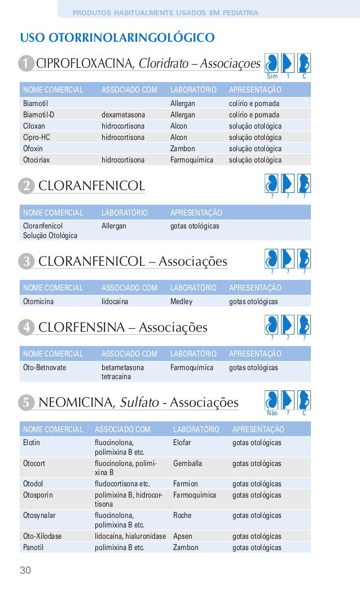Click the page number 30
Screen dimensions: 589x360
(x=26, y=570)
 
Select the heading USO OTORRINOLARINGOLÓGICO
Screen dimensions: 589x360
(x=117, y=38)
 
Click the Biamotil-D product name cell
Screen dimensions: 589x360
(x=38, y=115)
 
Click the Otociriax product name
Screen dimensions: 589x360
(x=36, y=160)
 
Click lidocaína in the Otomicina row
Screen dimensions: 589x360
(x=115, y=301)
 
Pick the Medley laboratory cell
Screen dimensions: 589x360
(x=181, y=301)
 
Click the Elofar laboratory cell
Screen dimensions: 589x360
(x=183, y=442)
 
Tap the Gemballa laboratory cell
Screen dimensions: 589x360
(x=188, y=463)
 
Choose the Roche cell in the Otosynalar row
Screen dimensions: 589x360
(x=182, y=515)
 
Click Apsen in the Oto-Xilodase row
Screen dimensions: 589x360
(x=182, y=537)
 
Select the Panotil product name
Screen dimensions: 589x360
(x=33, y=547)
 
